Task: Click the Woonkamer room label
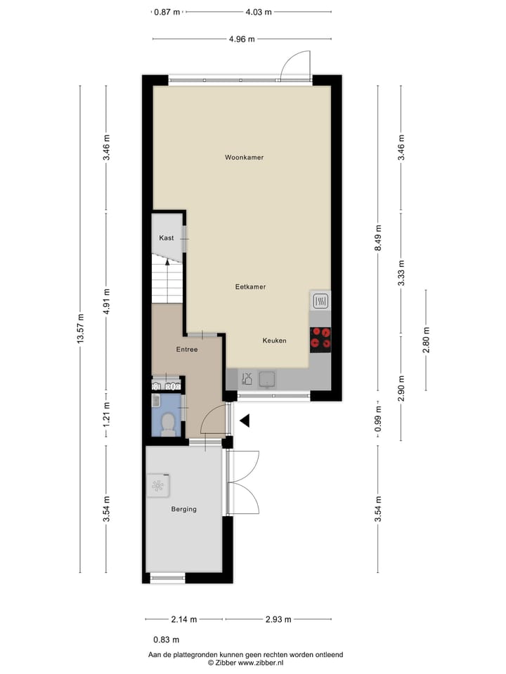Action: (244, 157)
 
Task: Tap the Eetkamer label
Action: (250, 287)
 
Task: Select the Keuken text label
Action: (274, 341)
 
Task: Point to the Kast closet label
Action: (166, 238)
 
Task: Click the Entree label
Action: (186, 350)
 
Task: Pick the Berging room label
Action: (183, 509)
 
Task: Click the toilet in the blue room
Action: (168, 425)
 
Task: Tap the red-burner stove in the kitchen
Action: (320, 338)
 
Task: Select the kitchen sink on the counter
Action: (267, 380)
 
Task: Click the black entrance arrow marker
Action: (245, 421)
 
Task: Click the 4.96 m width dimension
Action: (241, 39)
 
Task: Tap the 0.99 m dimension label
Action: (378, 420)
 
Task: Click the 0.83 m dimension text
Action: (166, 640)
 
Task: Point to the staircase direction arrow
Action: (167, 261)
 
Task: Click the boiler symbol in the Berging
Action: (157, 484)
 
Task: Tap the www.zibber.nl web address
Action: (255, 662)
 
